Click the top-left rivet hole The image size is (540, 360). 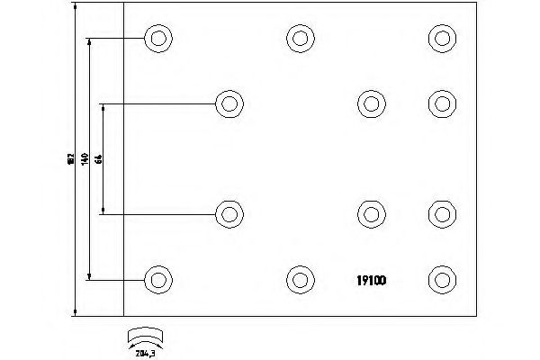(157, 38)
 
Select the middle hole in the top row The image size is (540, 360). (301, 38)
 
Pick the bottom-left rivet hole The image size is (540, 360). (157, 278)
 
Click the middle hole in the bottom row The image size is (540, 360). (301, 278)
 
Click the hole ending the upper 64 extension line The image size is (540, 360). (230, 103)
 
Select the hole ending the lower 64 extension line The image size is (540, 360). (230, 213)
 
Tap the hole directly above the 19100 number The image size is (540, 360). (371, 213)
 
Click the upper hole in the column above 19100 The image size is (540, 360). (371, 103)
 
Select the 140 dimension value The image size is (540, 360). (84, 158)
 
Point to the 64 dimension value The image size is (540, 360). (98, 158)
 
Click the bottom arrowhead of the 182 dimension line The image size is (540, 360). (76, 310)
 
